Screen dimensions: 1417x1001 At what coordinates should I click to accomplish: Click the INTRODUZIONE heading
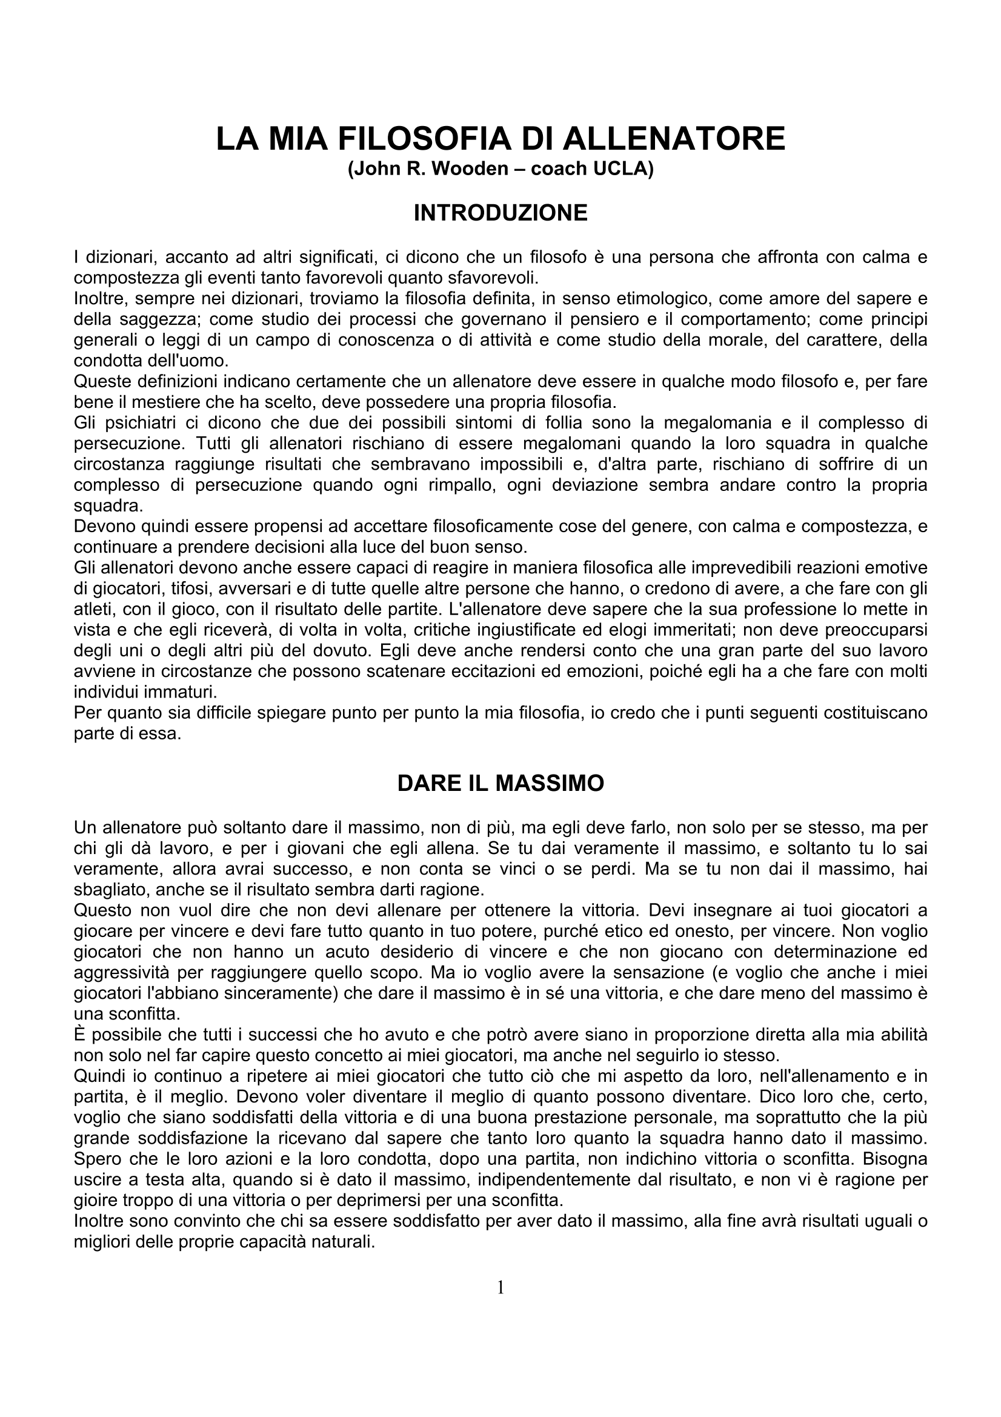click(x=501, y=213)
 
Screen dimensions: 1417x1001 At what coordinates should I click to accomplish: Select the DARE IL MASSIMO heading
click(x=501, y=783)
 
